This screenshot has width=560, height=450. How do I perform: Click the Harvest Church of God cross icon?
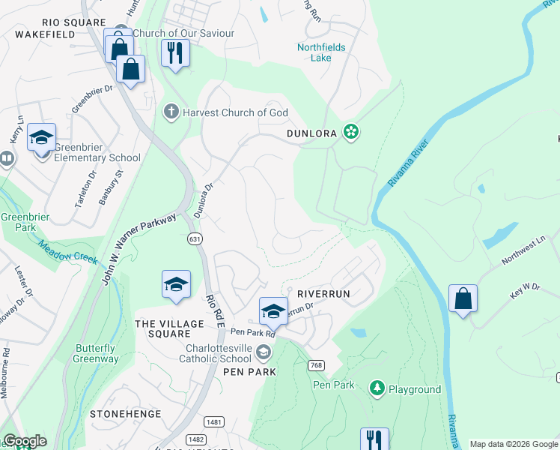(171, 112)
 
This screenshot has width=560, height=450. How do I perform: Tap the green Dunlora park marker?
(350, 133)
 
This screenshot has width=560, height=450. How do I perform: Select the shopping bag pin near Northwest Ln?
(463, 298)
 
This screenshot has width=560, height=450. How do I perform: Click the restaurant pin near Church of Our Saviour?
(175, 52)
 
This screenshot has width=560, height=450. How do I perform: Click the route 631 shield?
(193, 238)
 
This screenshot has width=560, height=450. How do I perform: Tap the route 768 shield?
(316, 365)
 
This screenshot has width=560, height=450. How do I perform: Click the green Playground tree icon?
(377, 388)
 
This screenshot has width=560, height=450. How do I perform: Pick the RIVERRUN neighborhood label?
(323, 294)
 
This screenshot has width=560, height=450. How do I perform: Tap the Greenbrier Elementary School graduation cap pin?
(42, 138)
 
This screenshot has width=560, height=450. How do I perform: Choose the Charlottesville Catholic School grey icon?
(263, 351)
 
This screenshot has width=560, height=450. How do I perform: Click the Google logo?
(25, 441)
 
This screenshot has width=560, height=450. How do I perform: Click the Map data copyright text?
(513, 444)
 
